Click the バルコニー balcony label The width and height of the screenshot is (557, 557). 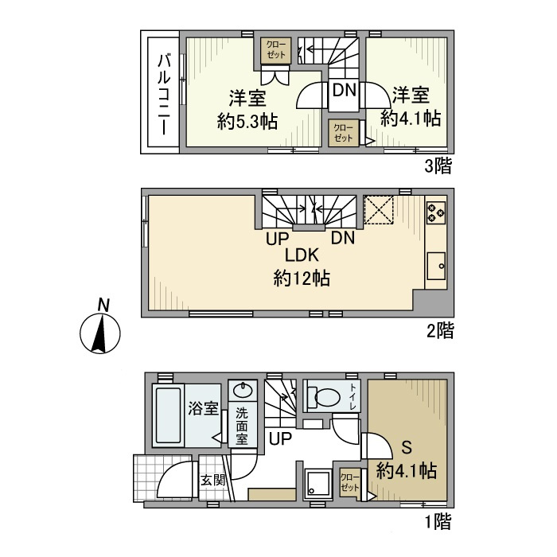163,94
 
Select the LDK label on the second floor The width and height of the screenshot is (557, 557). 302,256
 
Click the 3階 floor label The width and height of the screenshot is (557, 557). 438,166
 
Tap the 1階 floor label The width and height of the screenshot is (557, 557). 438,523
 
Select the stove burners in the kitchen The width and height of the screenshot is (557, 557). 436,212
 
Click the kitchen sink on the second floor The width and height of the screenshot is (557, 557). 437,265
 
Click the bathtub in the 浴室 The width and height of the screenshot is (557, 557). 168,417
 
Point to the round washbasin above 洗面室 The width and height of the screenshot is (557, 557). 243,391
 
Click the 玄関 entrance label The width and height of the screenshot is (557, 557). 212,480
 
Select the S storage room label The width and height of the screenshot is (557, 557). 407,446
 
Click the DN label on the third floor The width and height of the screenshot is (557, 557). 344,90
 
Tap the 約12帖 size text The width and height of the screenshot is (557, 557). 302,278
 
